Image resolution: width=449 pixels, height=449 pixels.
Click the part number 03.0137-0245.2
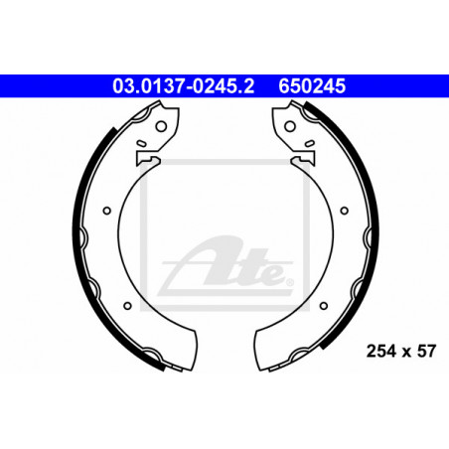[x=183, y=86]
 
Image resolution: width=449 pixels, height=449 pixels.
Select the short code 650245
[x=312, y=86]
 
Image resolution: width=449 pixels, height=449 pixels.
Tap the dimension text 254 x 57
[x=401, y=351]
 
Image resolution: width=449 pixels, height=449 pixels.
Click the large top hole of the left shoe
[x=161, y=126]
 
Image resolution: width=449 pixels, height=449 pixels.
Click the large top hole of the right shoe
[x=290, y=126]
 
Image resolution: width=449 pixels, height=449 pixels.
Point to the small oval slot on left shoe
[x=141, y=143]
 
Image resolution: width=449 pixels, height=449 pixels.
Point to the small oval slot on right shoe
[x=310, y=143]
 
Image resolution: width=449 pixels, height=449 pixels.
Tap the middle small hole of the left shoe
[x=106, y=211]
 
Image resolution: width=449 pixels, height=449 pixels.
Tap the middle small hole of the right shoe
[x=345, y=211]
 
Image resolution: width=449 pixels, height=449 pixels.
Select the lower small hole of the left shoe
[x=127, y=306]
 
